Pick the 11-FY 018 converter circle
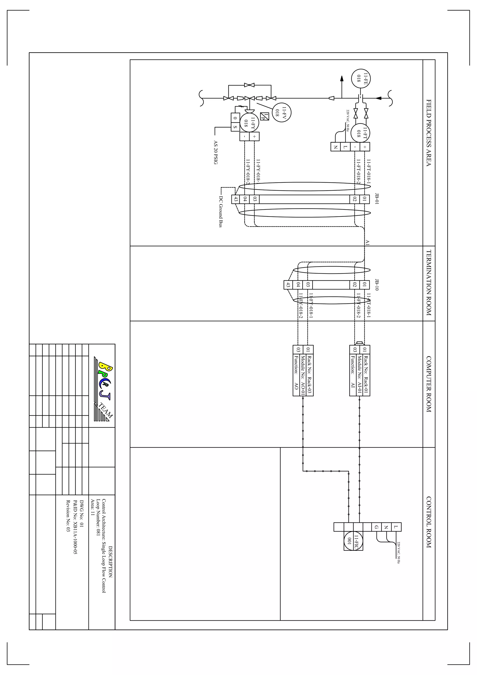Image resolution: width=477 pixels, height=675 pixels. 249,122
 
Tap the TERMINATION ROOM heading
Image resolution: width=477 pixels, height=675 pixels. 429,283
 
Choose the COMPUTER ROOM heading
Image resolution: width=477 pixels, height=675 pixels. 429,384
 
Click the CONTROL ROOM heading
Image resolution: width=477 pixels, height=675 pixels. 429,522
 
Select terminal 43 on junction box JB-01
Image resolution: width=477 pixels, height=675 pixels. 236,199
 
